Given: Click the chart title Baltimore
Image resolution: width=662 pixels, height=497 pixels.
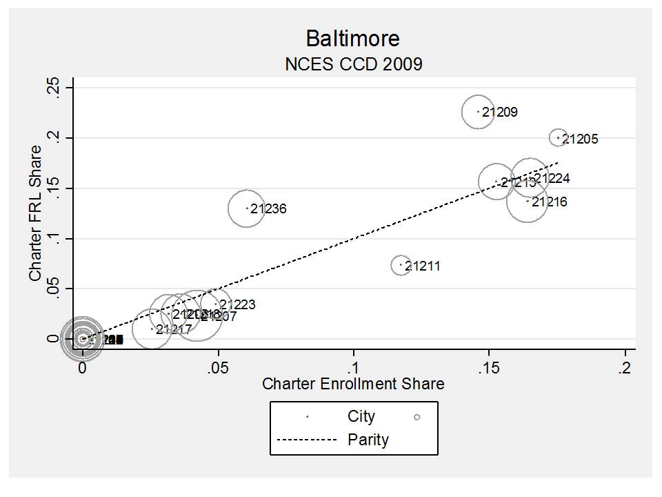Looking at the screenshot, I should [x=352, y=37].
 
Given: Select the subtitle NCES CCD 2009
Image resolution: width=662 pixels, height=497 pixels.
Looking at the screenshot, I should [x=353, y=64].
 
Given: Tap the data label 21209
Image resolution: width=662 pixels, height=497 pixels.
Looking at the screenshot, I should [x=500, y=112].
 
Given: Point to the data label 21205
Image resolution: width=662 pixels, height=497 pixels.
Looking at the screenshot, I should [x=580, y=139].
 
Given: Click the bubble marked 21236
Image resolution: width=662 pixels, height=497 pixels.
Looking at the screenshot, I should [x=247, y=208].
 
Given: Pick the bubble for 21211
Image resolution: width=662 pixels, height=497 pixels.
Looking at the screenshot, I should [x=401, y=264].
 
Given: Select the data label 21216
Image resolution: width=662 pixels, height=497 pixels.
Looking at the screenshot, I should [x=550, y=202].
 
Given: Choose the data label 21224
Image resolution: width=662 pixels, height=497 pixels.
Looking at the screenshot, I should [x=552, y=179].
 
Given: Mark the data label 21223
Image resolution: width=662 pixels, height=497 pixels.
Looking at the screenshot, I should [x=237, y=305].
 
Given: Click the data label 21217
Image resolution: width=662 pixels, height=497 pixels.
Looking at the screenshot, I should [x=174, y=330].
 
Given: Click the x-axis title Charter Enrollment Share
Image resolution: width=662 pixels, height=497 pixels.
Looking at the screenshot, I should [x=353, y=384].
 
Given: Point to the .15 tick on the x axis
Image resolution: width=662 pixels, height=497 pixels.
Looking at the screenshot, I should [x=488, y=367].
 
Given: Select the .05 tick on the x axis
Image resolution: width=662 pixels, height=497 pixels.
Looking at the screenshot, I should [x=218, y=367].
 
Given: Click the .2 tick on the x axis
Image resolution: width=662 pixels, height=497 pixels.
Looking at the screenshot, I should [x=625, y=367].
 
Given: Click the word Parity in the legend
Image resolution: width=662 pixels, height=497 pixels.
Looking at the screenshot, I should [x=368, y=440].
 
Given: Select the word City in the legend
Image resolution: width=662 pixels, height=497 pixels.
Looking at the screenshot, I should [x=361, y=416].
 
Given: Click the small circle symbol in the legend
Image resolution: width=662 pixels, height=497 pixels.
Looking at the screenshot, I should [x=417, y=417].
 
